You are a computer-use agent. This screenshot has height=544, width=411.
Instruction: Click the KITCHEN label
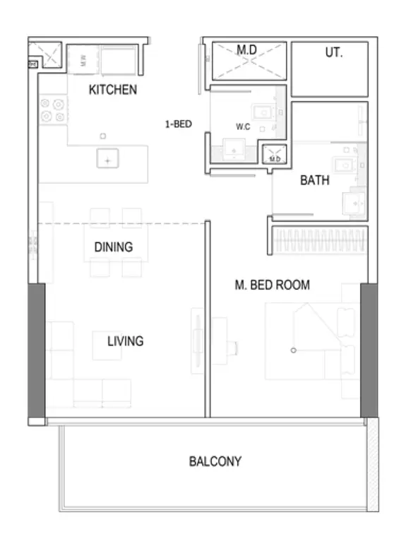(113, 90)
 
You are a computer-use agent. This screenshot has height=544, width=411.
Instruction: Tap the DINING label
(114, 247)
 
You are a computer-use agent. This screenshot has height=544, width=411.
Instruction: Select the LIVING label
(125, 341)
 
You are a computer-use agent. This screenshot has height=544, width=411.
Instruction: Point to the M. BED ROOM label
(273, 285)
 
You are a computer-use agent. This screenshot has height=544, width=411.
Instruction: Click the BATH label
(314, 180)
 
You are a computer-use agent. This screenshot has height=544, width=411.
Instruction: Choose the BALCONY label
(215, 461)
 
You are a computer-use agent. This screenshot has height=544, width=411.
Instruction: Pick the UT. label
(333, 52)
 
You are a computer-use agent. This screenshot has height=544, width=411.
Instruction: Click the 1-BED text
(178, 124)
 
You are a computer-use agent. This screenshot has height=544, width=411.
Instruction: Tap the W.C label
(243, 126)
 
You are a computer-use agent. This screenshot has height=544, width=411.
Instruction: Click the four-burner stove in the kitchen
(53, 110)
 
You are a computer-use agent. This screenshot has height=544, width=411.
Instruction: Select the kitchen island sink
(107, 158)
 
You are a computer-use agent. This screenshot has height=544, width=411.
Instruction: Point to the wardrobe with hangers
(320, 240)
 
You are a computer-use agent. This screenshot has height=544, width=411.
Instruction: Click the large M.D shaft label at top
(246, 50)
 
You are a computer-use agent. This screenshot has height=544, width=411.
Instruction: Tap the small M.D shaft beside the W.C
(275, 154)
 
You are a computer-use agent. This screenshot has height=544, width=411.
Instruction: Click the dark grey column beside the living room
(37, 350)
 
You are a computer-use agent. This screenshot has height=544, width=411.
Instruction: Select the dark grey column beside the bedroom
(369, 350)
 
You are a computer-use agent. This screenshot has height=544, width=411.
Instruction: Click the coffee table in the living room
(107, 345)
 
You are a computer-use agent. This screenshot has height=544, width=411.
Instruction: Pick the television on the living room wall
(198, 341)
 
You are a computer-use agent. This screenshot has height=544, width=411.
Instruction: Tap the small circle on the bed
(294, 350)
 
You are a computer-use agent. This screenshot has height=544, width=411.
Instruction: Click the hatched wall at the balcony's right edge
(373, 465)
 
